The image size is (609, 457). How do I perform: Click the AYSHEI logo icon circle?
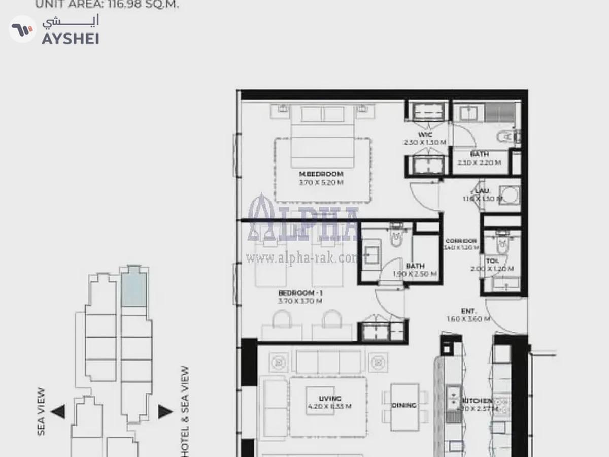[x=23, y=29]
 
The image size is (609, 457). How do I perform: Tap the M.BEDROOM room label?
[x=321, y=174]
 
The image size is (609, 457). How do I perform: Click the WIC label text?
[x=425, y=135]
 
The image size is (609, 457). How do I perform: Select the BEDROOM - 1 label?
[x=300, y=293]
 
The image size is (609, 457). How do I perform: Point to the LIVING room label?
[x=330, y=399]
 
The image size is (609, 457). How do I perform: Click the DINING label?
[x=404, y=405]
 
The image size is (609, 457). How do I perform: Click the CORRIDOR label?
[x=461, y=241]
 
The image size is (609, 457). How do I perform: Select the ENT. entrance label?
[x=468, y=311]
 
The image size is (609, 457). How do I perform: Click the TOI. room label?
[x=492, y=261]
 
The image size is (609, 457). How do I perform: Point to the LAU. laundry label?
[x=482, y=191]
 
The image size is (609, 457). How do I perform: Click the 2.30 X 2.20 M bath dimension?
[x=479, y=162]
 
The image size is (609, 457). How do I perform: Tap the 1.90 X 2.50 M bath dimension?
[x=415, y=274]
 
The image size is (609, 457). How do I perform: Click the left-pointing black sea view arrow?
[x=58, y=411]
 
